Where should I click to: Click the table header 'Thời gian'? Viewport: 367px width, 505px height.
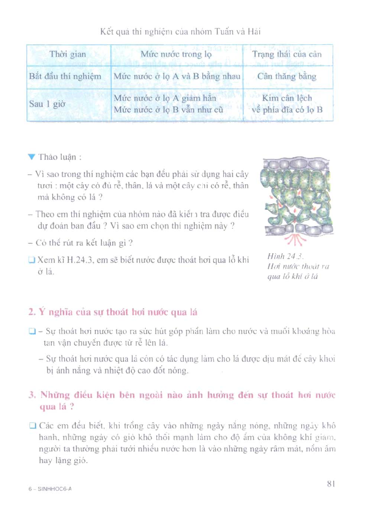68,54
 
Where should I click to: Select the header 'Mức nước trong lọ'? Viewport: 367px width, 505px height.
176,54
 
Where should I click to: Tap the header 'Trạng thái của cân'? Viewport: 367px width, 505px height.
287,54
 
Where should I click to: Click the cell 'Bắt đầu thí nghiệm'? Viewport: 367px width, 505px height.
65,76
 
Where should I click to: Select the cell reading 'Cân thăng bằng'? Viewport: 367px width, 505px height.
287,76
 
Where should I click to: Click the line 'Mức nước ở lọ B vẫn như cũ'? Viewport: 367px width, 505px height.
168,110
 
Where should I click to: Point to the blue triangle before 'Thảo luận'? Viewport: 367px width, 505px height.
31,157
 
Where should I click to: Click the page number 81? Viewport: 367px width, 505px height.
331,483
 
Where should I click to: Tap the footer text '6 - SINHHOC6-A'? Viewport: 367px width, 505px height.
50,489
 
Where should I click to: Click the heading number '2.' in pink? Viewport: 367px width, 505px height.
32,312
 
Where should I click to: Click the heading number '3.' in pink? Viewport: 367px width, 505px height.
32,395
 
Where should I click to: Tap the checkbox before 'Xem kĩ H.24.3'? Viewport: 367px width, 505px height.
32,260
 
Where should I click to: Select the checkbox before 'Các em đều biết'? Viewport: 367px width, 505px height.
33,426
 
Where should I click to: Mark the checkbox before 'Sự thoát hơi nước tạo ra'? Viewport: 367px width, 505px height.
32,331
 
